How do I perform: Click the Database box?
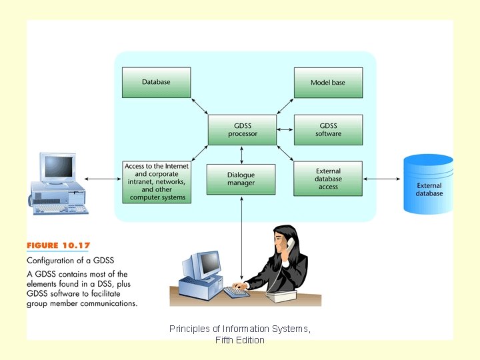click(156, 83)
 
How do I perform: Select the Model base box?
click(328, 83)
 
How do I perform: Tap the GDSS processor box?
click(241, 129)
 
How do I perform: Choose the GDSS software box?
click(328, 129)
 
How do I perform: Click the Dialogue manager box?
click(241, 179)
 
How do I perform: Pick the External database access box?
click(328, 179)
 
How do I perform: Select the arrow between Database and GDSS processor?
click(199, 105)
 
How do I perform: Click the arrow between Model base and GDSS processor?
click(285, 105)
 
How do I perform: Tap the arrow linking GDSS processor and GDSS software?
click(285, 129)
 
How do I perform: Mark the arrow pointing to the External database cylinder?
click(382, 179)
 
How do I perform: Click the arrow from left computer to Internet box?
click(103, 179)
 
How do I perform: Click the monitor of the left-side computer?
click(57, 167)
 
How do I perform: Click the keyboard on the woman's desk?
click(236, 292)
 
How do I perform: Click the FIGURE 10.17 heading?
click(59, 246)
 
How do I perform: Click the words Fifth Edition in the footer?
click(240, 340)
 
